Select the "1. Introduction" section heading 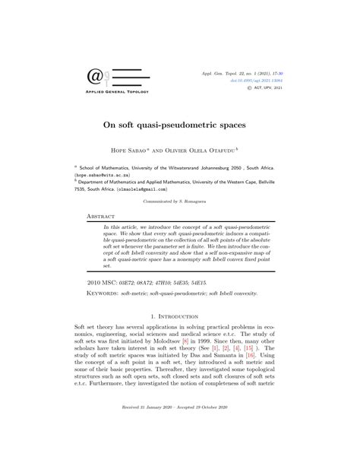[179, 315]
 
